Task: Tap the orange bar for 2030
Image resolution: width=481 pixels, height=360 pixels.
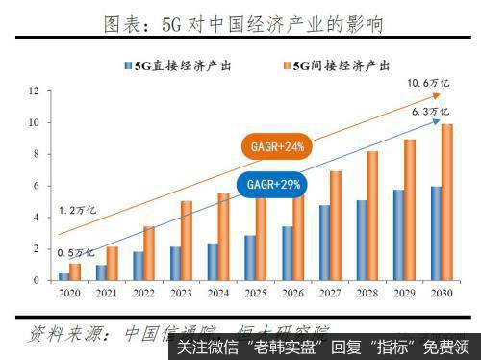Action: pos(446,202)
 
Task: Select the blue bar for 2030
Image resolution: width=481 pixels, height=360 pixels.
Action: pos(435,234)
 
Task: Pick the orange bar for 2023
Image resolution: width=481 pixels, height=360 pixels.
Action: pos(187,241)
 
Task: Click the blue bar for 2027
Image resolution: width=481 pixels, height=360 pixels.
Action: pos(324,243)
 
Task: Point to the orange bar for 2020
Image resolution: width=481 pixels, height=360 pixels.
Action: pos(75,271)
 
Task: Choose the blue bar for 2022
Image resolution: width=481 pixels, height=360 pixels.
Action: pos(138,266)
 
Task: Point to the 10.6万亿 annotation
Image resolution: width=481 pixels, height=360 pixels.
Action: pos(426,84)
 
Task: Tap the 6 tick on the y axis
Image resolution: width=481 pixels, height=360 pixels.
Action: pos(36,186)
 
